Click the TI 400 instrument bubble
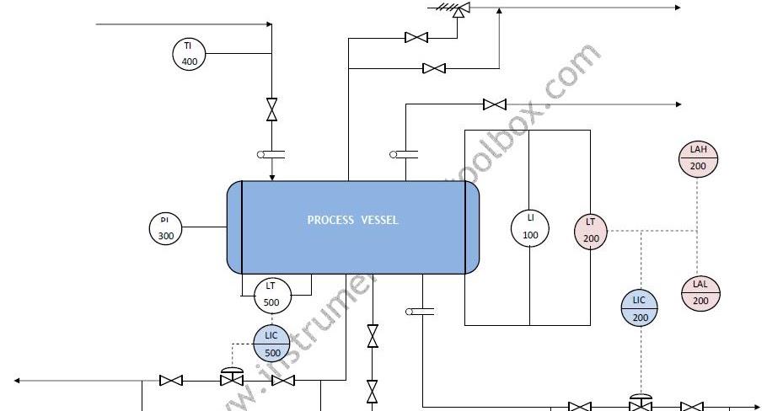click(189, 54)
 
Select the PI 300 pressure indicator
click(165, 228)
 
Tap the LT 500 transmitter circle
click(271, 294)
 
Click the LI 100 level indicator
click(530, 227)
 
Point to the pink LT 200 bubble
click(591, 232)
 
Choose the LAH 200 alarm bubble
click(698, 158)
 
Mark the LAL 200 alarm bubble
click(700, 292)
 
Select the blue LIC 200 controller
click(640, 308)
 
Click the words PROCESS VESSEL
click(352, 221)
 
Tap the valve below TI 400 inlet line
click(271, 109)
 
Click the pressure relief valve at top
click(459, 9)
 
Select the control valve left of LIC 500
click(231, 378)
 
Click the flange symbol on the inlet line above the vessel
click(271, 154)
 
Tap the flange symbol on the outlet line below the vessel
click(420, 312)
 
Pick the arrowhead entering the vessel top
click(271, 177)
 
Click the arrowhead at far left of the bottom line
click(17, 381)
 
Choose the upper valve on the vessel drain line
click(372, 336)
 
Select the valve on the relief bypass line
click(434, 68)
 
